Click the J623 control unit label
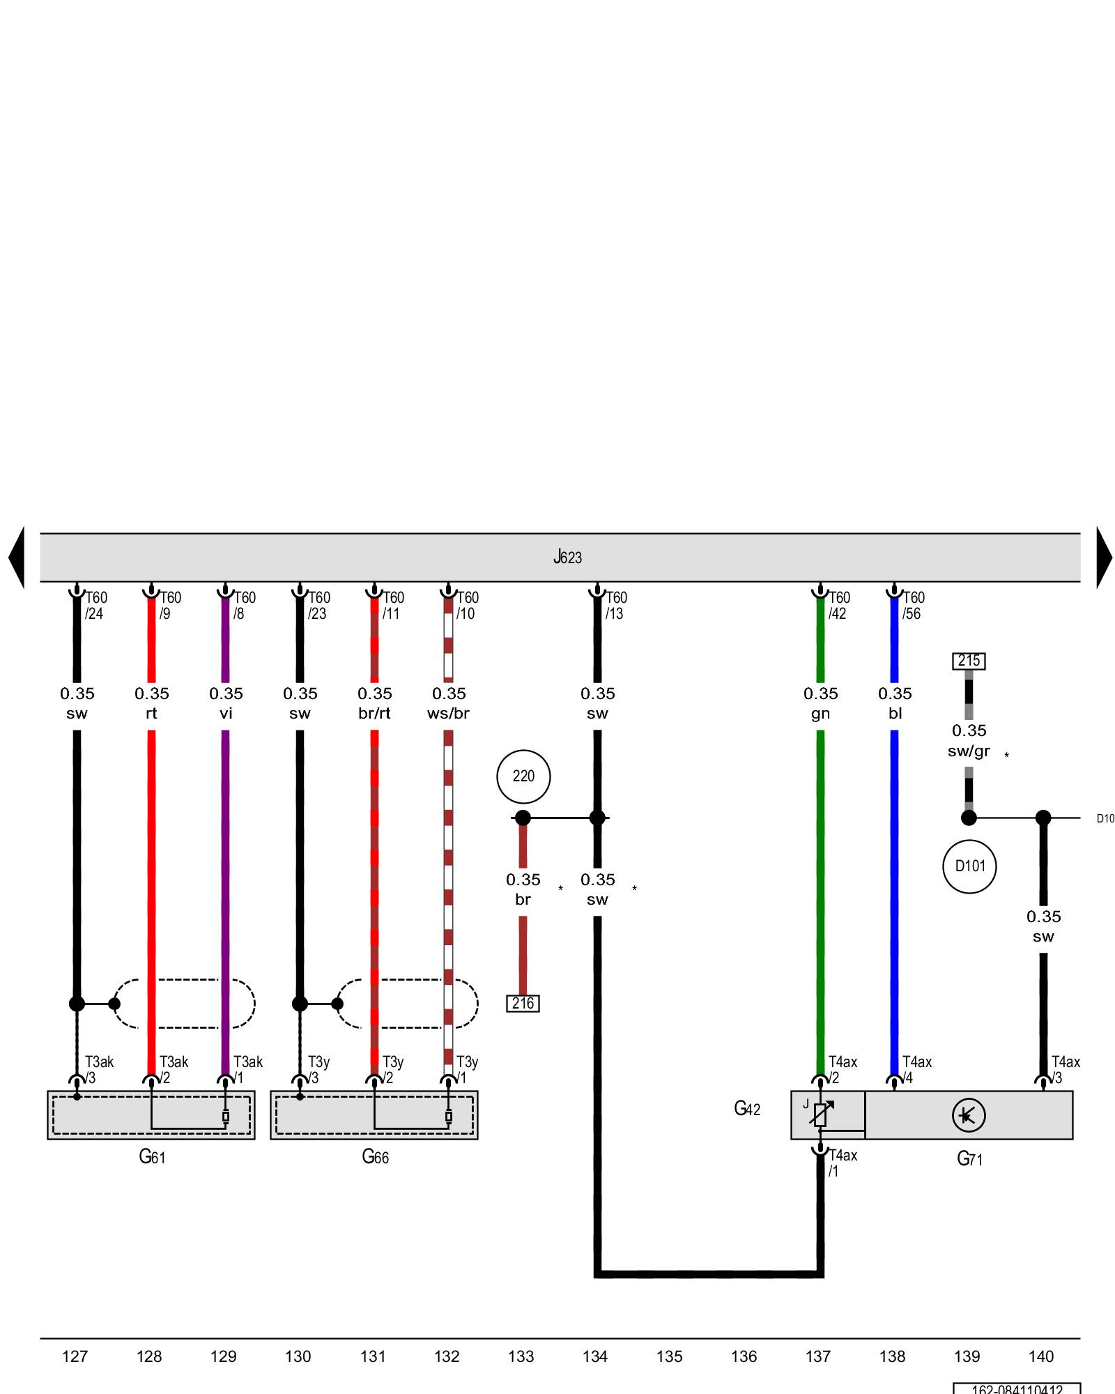567,557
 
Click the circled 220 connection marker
523,776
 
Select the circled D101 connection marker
969,866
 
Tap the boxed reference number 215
969,660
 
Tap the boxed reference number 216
523,1003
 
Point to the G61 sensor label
152,1157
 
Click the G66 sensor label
375,1157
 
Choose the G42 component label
747,1109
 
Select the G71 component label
969,1159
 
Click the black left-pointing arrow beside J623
17,557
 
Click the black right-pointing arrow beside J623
1104,557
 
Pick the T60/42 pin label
839,606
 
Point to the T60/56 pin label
913,606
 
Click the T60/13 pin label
616,606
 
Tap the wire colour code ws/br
448,714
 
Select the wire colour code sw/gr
969,751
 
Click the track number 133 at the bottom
521,1356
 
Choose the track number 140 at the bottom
1041,1356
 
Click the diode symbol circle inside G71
969,1115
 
